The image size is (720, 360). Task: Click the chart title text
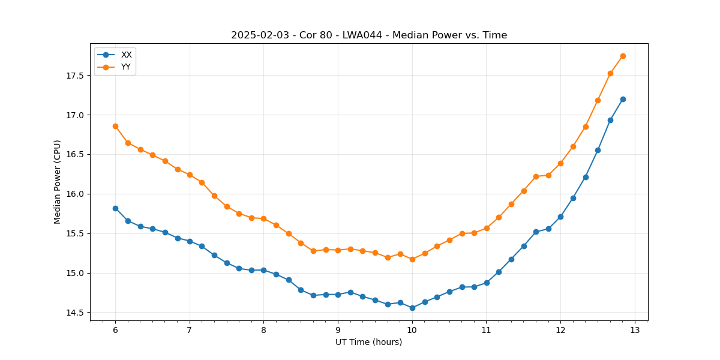369,35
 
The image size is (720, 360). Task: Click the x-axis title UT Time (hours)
369,342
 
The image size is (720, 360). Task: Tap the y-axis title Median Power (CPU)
58,182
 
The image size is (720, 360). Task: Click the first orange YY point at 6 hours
115,126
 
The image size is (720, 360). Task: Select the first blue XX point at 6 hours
115,208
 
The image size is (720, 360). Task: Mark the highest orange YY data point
623,56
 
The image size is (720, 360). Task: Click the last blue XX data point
623,99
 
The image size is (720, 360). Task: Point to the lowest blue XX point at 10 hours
412,308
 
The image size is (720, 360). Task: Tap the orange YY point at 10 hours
412,259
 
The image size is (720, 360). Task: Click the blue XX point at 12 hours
560,217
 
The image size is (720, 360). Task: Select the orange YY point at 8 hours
263,219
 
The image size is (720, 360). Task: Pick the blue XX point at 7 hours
190,241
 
